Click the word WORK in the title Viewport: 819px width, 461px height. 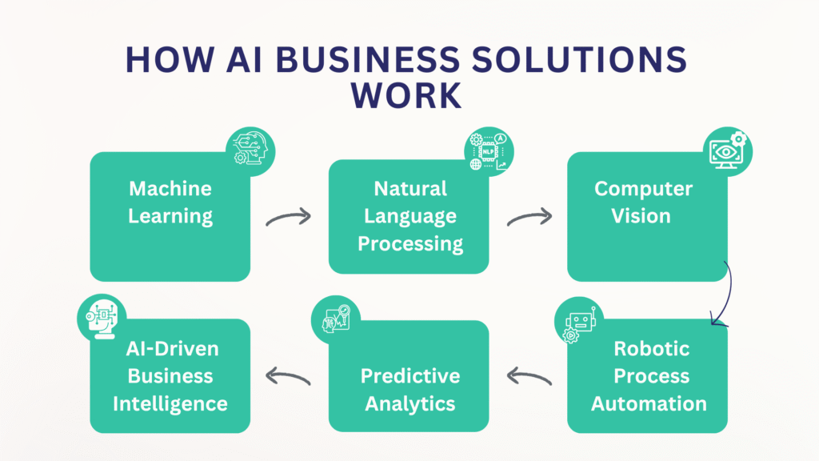point(406,95)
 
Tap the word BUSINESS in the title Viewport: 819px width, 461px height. point(368,59)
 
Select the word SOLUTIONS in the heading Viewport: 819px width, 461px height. point(579,59)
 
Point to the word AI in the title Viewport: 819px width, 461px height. point(245,59)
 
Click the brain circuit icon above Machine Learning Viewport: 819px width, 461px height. point(250,151)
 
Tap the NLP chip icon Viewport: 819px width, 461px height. point(489,151)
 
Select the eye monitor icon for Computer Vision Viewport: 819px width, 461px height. point(728,151)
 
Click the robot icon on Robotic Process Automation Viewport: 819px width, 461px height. point(579,322)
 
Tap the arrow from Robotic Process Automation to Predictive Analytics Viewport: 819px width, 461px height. point(529,376)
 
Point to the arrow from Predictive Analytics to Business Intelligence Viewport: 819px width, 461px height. point(288,376)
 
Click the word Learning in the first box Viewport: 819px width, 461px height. point(170,216)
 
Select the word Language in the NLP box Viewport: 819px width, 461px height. point(410,216)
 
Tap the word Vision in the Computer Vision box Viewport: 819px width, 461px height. point(641,216)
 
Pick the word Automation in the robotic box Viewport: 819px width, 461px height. point(649,403)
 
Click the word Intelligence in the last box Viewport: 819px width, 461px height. point(170,404)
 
